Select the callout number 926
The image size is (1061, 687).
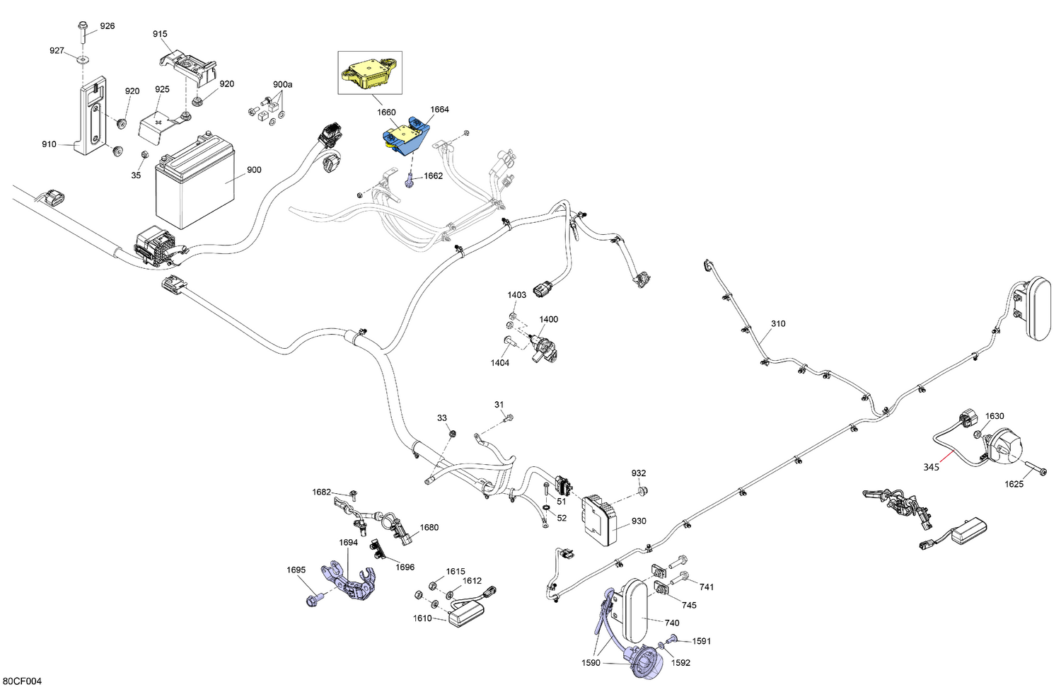[107, 26]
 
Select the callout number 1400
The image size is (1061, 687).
[548, 319]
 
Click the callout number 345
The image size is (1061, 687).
[931, 467]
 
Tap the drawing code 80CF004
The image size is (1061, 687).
[25, 681]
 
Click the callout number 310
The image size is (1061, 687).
[778, 323]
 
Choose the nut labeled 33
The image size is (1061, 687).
[451, 432]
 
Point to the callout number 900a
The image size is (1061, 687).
[282, 84]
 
